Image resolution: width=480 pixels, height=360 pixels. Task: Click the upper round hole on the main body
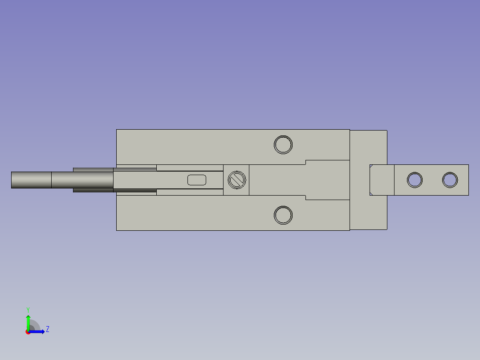pos(283,144)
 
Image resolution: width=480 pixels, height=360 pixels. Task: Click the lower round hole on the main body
pos(283,215)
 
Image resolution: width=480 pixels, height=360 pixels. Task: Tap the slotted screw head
pos(236,180)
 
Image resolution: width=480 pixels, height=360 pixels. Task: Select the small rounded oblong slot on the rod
pos(197,180)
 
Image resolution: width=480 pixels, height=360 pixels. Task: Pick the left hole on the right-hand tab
pos(415,180)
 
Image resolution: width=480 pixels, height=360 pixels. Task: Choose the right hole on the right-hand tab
pos(450,180)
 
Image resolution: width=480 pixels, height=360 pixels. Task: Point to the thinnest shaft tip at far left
pos(31,180)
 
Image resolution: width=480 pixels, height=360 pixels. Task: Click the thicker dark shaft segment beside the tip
pos(82,180)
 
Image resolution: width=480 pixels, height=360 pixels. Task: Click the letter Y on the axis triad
pos(28,309)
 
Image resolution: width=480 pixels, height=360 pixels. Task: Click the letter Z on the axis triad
pos(47,329)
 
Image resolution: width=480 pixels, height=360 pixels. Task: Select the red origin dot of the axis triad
pos(28,332)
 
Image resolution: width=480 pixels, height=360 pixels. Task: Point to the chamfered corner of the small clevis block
pos(371,193)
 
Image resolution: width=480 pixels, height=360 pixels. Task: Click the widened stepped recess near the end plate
pos(327,180)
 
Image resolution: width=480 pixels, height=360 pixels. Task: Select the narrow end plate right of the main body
pos(368,147)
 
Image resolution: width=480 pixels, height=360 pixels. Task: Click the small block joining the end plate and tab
pos(382,180)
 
